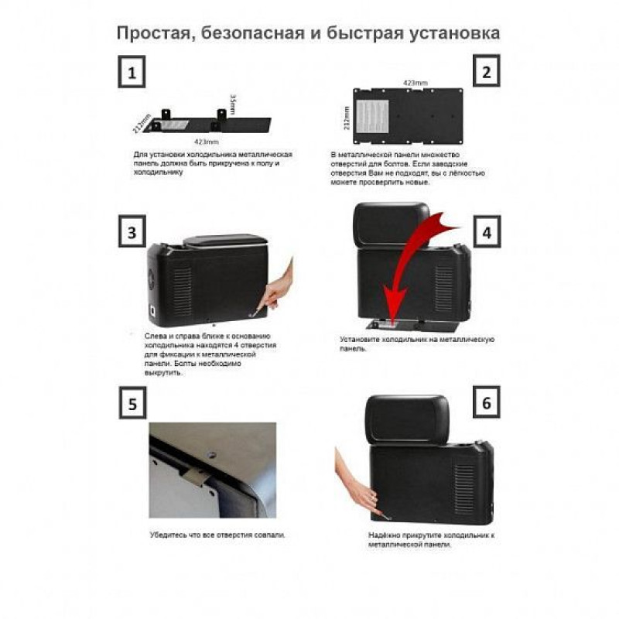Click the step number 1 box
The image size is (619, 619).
(x=132, y=72)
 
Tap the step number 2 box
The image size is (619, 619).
(x=487, y=71)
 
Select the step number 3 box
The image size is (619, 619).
(x=132, y=231)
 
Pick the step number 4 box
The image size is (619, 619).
(x=487, y=231)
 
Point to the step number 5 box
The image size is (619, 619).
(x=132, y=402)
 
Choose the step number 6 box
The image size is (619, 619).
(x=487, y=402)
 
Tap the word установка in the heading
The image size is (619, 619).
(x=454, y=33)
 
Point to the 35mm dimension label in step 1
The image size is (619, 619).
(x=233, y=104)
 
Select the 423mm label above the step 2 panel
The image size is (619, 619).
(x=415, y=83)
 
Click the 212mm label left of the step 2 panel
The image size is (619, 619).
(x=347, y=118)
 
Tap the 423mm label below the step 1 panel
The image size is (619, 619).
(x=206, y=142)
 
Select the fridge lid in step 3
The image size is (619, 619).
(x=225, y=241)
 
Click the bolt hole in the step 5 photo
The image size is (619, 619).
(x=212, y=455)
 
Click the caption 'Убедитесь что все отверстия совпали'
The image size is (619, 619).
(x=217, y=535)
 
